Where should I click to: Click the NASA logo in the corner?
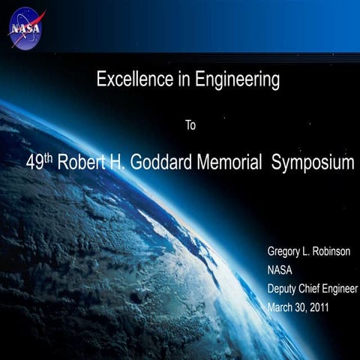25,27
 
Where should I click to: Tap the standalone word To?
190,125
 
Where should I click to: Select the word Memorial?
229,163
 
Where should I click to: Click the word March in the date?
281,308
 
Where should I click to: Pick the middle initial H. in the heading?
122,163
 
